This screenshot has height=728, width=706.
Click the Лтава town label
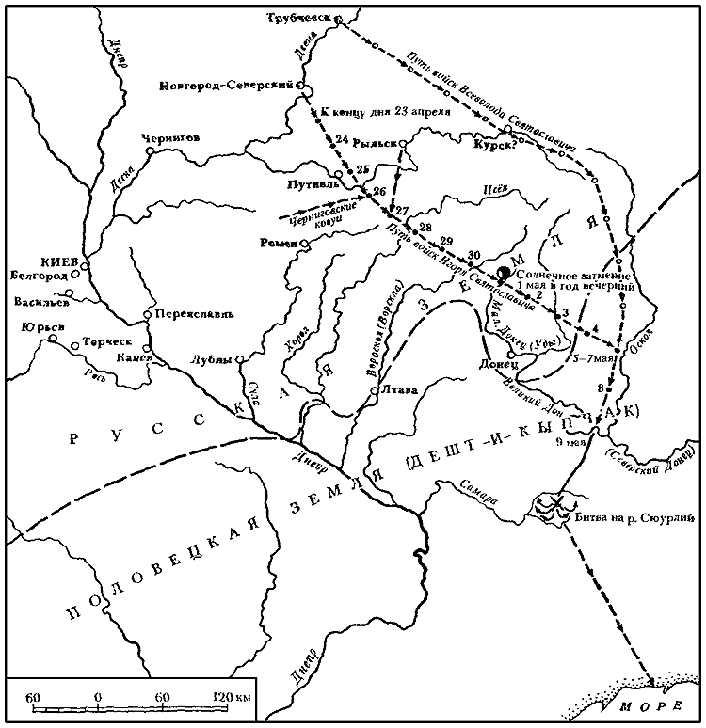(x=398, y=390)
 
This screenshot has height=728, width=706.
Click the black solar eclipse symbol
(x=505, y=273)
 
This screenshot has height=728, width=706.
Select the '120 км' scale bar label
(x=230, y=697)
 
